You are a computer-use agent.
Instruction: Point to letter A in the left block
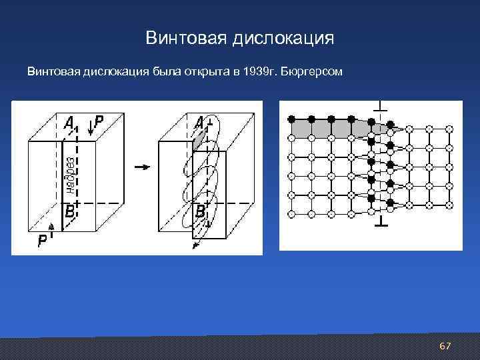(x=69, y=122)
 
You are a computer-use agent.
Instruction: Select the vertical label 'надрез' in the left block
(x=71, y=175)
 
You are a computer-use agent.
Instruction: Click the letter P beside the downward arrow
(x=98, y=121)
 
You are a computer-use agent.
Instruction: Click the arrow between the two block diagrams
(x=142, y=167)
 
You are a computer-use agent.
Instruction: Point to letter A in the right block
(x=199, y=122)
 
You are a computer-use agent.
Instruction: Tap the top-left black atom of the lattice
(x=291, y=119)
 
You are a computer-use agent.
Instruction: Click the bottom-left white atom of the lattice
(x=291, y=214)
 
